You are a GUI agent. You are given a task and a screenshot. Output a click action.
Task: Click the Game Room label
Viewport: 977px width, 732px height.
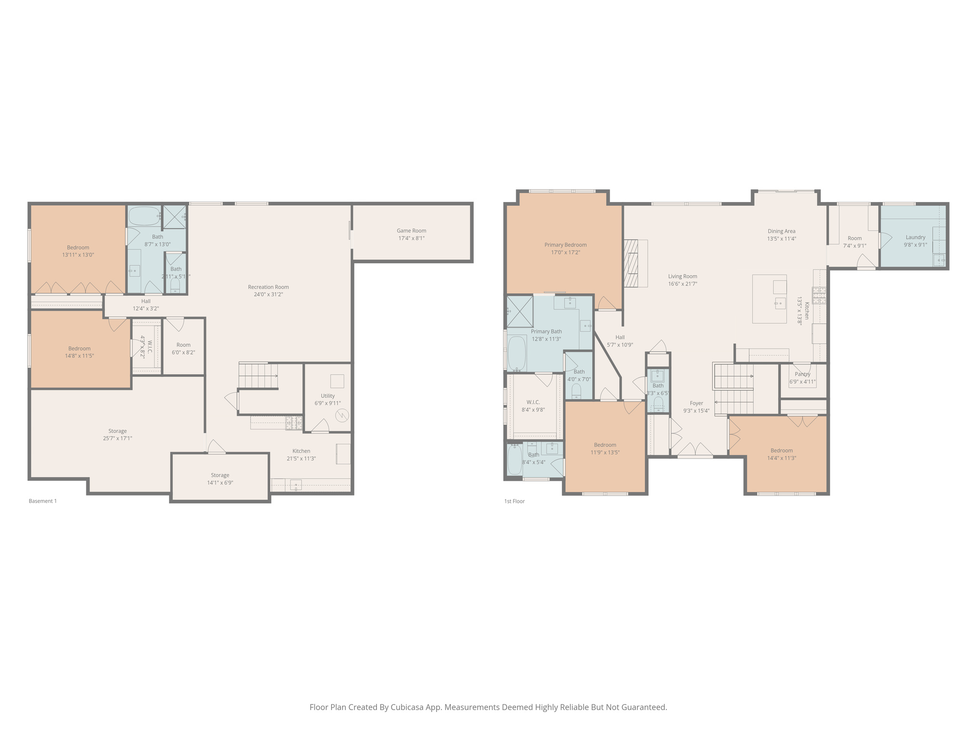(411, 231)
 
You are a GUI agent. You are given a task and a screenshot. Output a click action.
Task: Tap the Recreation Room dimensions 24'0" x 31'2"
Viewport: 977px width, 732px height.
(268, 295)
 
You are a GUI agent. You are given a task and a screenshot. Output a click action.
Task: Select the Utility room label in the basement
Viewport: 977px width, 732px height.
(327, 396)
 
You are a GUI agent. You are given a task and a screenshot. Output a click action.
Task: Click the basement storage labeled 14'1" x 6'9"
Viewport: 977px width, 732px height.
(220, 479)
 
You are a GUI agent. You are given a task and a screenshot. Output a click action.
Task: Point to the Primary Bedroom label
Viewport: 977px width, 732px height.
(565, 245)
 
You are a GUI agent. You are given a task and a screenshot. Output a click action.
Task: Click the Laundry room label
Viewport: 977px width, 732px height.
(915, 237)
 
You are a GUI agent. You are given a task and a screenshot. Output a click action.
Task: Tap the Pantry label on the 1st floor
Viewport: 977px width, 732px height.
(802, 374)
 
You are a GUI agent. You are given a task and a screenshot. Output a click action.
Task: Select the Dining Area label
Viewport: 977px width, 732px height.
(781, 231)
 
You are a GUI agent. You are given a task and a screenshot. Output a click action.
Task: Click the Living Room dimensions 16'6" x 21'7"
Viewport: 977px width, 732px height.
(683, 284)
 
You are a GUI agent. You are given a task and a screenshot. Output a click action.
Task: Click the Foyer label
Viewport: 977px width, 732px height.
(696, 403)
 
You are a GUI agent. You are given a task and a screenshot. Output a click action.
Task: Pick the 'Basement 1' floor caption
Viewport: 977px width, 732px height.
(42, 501)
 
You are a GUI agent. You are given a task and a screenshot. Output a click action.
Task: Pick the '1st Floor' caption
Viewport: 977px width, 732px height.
(514, 501)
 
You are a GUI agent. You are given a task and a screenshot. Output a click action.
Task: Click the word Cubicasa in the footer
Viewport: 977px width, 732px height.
(408, 707)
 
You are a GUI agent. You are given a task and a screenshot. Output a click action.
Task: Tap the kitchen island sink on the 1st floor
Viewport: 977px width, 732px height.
(780, 302)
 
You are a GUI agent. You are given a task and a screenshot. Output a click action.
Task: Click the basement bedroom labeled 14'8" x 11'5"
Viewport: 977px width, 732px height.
(79, 352)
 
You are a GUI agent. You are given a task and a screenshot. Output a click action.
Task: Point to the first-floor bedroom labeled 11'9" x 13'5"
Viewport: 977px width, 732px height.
(605, 448)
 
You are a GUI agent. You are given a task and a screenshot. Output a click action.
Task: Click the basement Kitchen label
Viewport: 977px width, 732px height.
(301, 451)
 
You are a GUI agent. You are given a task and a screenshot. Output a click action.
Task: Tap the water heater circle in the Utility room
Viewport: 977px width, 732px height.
(342, 416)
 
